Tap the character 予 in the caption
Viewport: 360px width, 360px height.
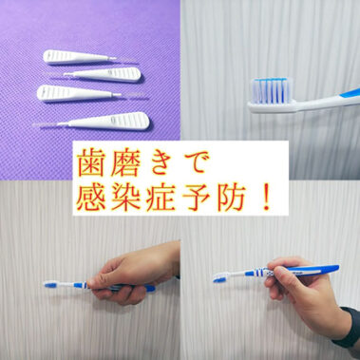click(x=218, y=199)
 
